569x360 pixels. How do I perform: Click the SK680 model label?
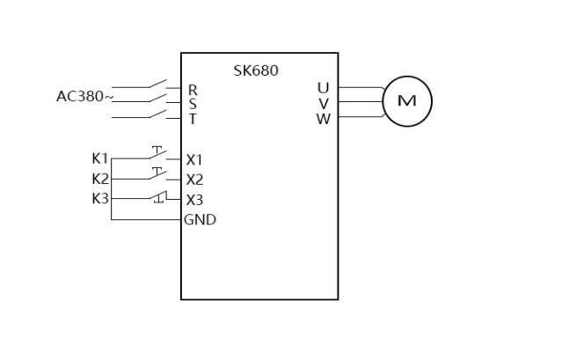pyautogui.click(x=256, y=70)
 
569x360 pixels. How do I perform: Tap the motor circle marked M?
pyautogui.click(x=407, y=101)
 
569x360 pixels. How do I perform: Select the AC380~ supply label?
pyautogui.click(x=84, y=96)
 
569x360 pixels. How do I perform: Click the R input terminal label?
pyautogui.click(x=193, y=89)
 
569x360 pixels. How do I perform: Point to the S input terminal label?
pyautogui.click(x=193, y=104)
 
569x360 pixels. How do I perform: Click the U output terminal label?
pyautogui.click(x=323, y=87)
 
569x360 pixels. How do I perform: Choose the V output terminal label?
pyautogui.click(x=324, y=103)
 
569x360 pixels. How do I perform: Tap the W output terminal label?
pyautogui.click(x=323, y=119)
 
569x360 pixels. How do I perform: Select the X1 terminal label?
pyautogui.click(x=194, y=160)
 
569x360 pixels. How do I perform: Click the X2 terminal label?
pyautogui.click(x=194, y=180)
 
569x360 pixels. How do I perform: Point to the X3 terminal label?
pyautogui.click(x=194, y=199)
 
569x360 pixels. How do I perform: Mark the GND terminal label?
pyautogui.click(x=200, y=220)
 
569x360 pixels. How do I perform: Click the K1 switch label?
pyautogui.click(x=100, y=158)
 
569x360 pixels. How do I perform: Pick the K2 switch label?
pyautogui.click(x=100, y=179)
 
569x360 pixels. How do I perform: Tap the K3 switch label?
pyautogui.click(x=100, y=198)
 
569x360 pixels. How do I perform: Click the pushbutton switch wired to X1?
pyautogui.click(x=157, y=154)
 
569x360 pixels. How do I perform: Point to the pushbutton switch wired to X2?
pyautogui.click(x=157, y=173)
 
